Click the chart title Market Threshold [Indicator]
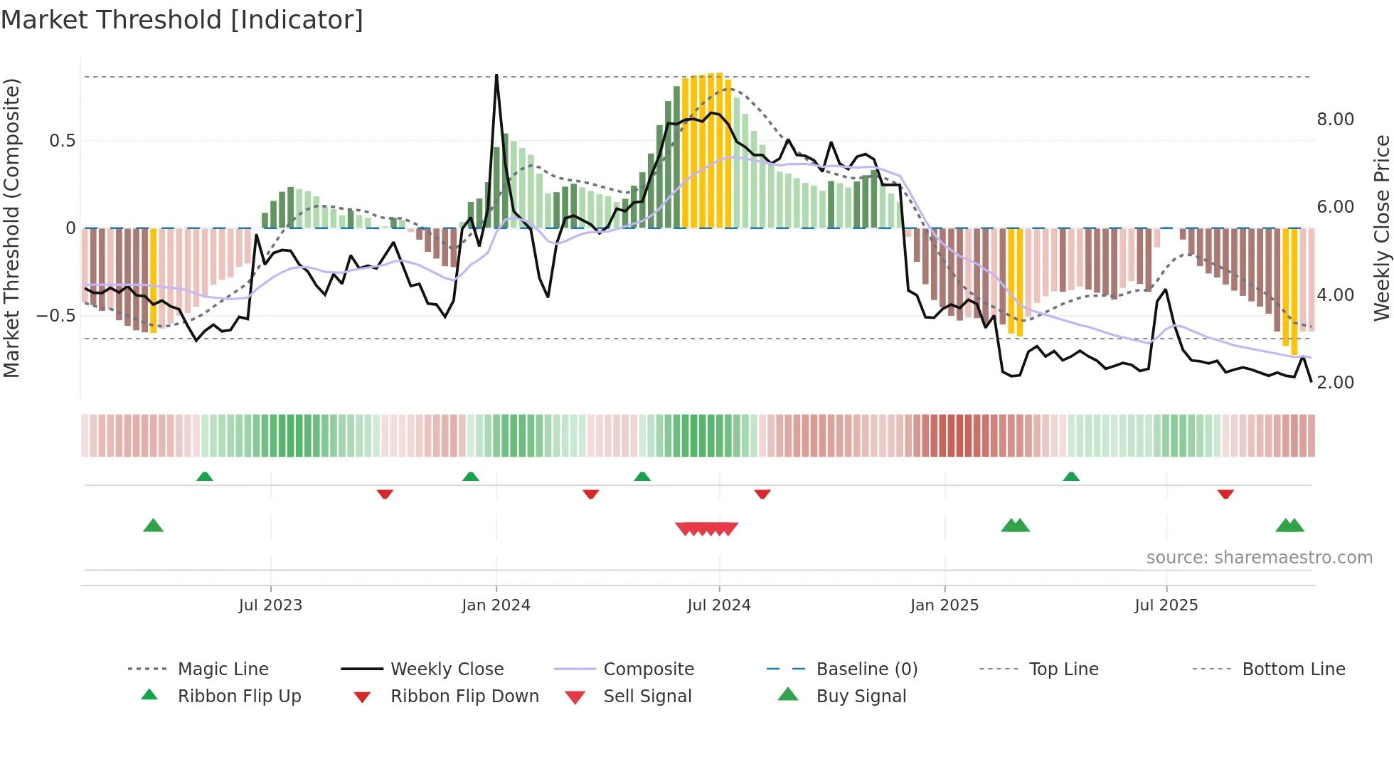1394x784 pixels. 182,20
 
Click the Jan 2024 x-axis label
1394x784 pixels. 496,605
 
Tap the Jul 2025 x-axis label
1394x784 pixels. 1166,605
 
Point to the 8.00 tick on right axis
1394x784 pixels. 1335,120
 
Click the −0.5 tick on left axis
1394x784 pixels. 55,315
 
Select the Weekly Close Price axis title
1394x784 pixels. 1381,228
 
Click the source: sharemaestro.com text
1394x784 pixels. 1259,557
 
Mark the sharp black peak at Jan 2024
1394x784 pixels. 496,75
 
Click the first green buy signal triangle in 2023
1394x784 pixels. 153,526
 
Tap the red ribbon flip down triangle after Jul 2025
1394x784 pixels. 1225,494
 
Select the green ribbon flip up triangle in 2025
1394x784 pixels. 1071,476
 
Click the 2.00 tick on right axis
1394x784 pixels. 1335,383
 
